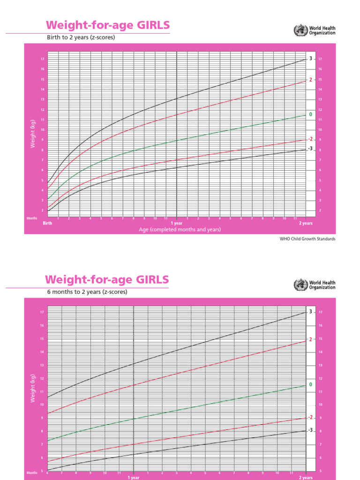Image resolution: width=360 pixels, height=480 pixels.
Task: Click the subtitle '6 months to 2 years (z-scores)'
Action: click(86, 292)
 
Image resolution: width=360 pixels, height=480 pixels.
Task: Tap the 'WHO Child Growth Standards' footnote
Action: click(307, 239)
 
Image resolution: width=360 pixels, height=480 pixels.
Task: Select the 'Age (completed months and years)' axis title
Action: click(180, 230)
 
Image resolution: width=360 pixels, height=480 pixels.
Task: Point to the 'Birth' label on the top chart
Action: click(47, 224)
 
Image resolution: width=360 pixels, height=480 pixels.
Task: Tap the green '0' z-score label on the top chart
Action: click(310, 114)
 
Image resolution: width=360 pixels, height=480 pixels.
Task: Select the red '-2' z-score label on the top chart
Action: click(309, 139)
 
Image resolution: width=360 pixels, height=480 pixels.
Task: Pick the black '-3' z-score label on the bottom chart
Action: click(309, 430)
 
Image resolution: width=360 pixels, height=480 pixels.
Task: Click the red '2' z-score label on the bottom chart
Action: click(310, 339)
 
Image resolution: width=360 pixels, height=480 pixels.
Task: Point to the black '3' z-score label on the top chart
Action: click(310, 59)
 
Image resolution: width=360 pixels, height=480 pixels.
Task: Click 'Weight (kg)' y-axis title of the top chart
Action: click(33, 134)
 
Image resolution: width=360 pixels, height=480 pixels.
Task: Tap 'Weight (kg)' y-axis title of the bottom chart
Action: click(33, 388)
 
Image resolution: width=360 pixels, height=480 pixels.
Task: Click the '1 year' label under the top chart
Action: click(176, 224)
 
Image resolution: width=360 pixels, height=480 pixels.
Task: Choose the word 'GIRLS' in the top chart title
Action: click(151, 25)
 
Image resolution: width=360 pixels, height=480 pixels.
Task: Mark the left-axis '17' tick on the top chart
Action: click(42, 59)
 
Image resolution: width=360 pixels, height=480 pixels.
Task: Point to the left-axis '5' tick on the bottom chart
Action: click(42, 471)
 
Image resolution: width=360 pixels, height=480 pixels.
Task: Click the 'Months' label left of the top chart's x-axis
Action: click(32, 218)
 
